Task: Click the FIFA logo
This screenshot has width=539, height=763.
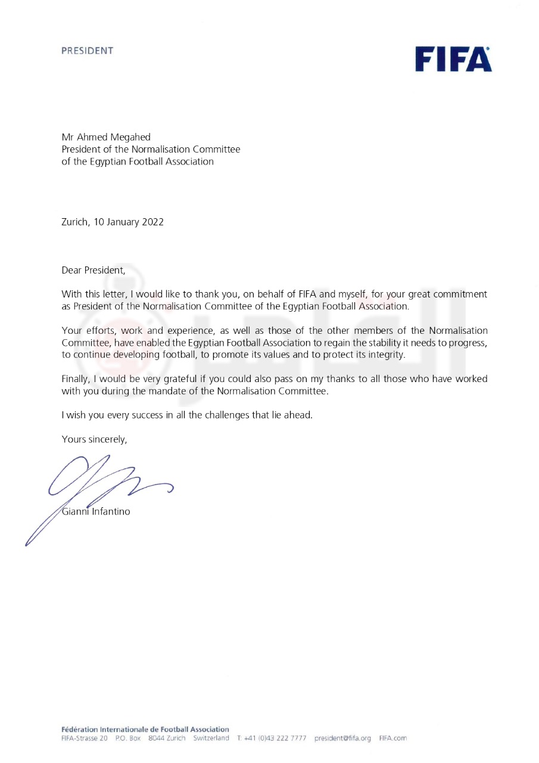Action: point(454,58)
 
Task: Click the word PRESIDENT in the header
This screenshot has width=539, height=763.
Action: point(87,51)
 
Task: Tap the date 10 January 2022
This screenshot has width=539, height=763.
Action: point(129,222)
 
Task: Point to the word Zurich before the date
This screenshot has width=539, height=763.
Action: point(75,222)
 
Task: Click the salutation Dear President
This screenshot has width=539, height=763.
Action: point(94,270)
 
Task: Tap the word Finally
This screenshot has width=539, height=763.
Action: point(76,379)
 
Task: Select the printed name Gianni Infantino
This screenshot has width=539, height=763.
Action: point(96,511)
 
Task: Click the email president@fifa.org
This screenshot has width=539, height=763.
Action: point(342,738)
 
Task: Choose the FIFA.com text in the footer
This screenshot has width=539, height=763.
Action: point(392,738)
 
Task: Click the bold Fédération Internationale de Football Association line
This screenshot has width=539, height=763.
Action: point(145,729)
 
